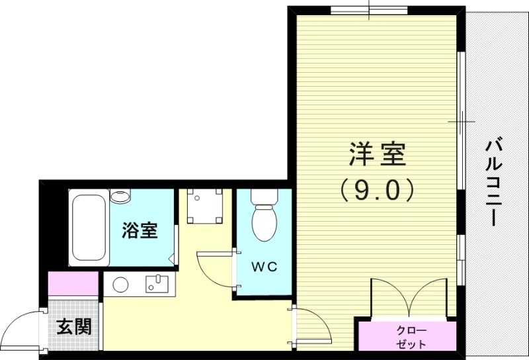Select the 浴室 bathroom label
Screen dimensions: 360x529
[x=140, y=231]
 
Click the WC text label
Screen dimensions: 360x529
[x=263, y=267]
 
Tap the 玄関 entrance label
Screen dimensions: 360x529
[x=73, y=326]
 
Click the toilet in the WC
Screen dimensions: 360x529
[x=264, y=218]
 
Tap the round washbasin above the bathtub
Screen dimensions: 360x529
[x=120, y=197]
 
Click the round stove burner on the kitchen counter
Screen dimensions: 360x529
[x=120, y=285]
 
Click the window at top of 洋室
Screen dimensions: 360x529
[x=360, y=9]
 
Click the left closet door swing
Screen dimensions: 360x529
[x=390, y=298]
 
